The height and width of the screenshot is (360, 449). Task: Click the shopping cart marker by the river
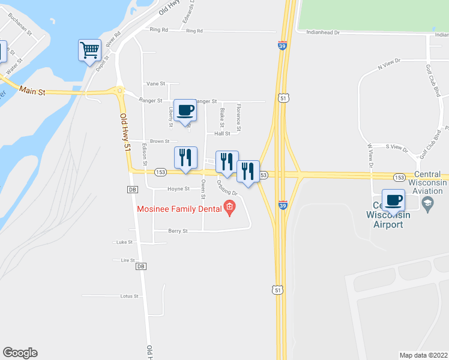click(x=89, y=50)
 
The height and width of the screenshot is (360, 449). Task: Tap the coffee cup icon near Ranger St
click(x=185, y=110)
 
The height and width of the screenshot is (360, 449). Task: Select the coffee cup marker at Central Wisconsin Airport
click(x=394, y=200)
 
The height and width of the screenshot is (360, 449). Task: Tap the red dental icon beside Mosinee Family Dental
click(x=229, y=208)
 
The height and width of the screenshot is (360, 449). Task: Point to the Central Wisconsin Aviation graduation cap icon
click(x=427, y=204)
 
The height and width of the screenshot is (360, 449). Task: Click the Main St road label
click(x=32, y=91)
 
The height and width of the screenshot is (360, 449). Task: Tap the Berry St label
click(x=178, y=230)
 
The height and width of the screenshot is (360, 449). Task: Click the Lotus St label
click(x=129, y=296)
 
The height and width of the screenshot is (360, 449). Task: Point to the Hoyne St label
click(x=178, y=188)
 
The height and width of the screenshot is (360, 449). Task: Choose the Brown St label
click(x=159, y=142)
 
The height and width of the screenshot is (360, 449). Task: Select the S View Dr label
click(x=396, y=147)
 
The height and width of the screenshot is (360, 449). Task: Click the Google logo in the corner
click(x=20, y=353)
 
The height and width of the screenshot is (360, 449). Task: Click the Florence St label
click(x=238, y=118)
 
